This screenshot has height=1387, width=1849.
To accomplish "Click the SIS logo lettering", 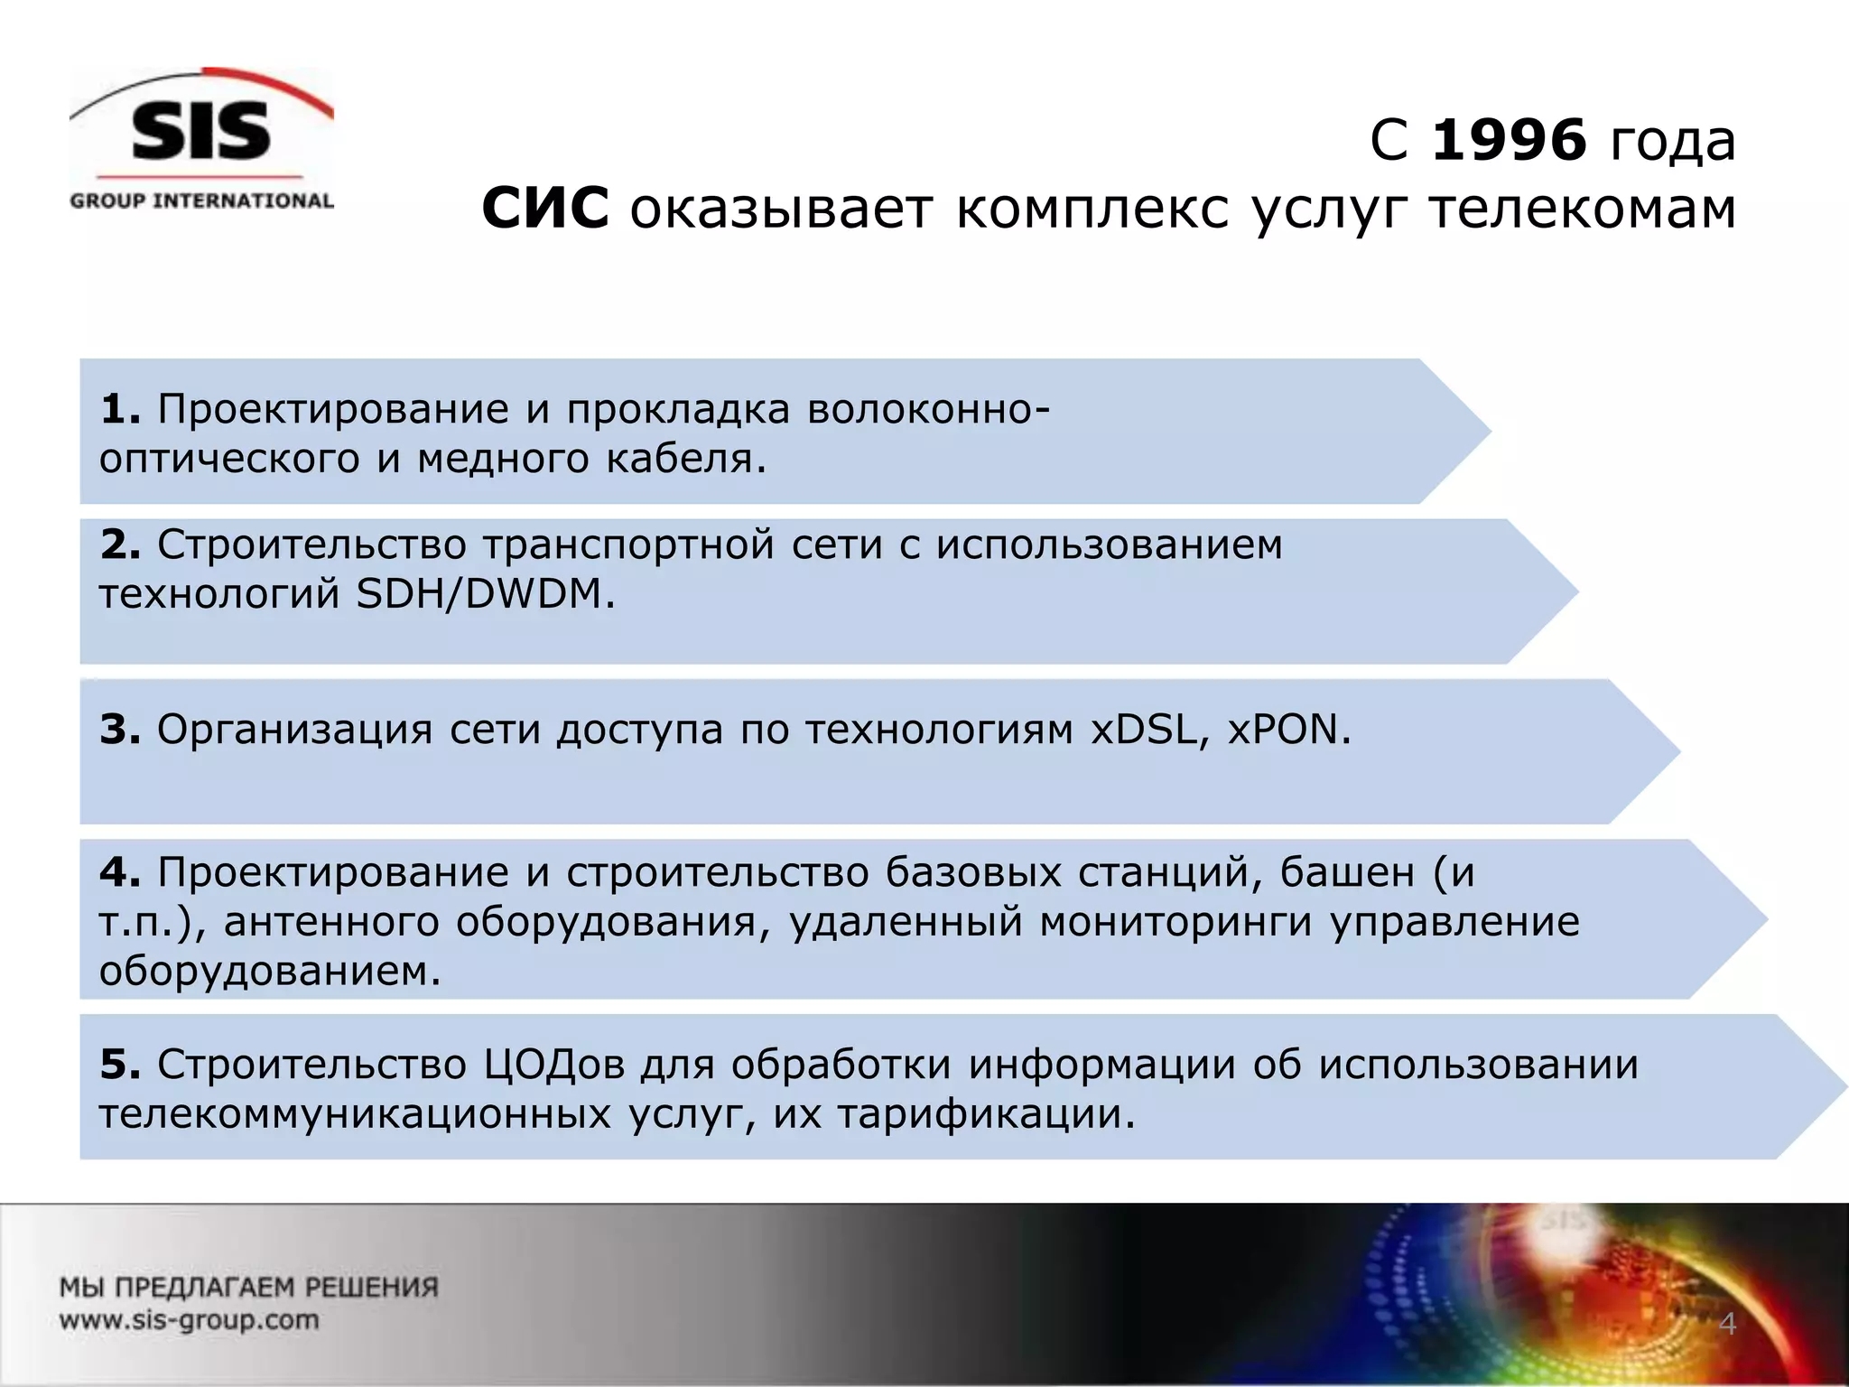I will click(200, 132).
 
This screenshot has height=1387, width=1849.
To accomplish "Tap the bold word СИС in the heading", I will click(545, 209).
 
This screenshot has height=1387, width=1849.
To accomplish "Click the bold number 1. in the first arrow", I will click(120, 409).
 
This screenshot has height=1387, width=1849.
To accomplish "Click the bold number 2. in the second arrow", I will click(120, 545).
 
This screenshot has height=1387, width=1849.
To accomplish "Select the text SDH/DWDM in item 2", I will click(484, 594).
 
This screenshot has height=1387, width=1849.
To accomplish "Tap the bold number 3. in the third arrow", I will click(120, 729).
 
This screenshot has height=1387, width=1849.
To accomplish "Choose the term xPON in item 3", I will click(1287, 729).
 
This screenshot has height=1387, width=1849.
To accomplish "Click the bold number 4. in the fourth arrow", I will click(120, 872).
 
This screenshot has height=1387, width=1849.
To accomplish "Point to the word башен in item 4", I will click(1347, 872).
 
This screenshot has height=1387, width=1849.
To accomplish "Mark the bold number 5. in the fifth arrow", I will click(120, 1065).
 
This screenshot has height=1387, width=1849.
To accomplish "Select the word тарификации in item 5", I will click(983, 1114).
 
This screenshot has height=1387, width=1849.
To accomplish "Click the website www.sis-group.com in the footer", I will click(190, 1320).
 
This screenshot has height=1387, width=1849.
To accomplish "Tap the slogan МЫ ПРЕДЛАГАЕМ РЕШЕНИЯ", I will click(249, 1287).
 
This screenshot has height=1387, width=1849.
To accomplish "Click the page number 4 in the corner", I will click(1726, 1324).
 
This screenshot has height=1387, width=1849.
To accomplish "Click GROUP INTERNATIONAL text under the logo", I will click(201, 200).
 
